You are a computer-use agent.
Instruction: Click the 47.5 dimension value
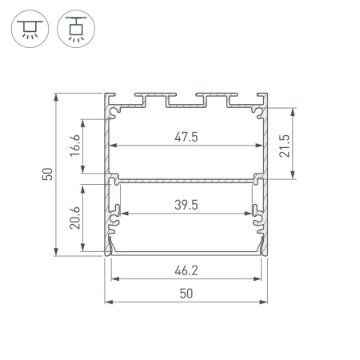186,137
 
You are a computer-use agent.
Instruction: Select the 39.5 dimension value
186,205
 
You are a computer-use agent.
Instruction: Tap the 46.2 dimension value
186,270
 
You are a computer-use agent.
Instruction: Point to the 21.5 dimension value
284,146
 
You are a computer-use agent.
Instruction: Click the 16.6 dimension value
75,146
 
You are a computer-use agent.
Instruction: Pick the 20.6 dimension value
75,218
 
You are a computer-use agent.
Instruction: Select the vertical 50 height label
47,174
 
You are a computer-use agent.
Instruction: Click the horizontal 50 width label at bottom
186,294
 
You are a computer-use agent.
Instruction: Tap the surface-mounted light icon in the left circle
30,29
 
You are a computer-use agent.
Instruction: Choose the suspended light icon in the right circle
76,29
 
